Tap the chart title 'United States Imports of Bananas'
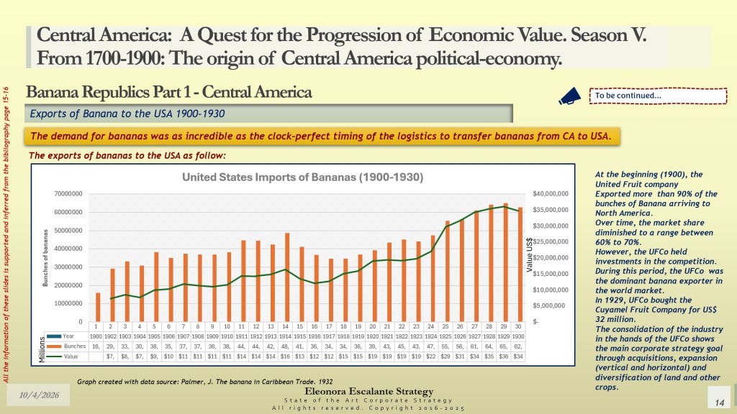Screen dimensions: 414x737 coord(302,177)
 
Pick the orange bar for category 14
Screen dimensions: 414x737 coord(287,277)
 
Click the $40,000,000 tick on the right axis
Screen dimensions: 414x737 coord(551,194)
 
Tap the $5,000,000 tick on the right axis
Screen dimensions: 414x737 coord(551,305)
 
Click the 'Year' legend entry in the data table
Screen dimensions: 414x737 coord(69,336)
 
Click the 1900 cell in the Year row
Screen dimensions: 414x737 coord(95,336)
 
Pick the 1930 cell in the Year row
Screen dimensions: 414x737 coord(518,336)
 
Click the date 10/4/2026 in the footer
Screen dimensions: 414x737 coord(34,395)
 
